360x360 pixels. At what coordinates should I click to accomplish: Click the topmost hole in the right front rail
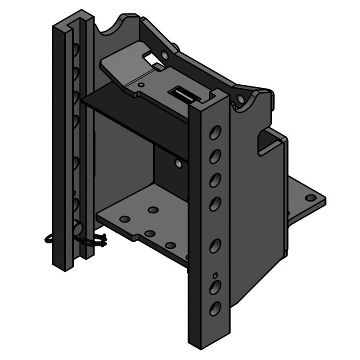[x=215, y=133]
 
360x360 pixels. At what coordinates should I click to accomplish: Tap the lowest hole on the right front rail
[x=215, y=308]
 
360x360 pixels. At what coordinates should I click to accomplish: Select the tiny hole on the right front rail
[x=215, y=275]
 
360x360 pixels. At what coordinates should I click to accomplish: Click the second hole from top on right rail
[x=215, y=157]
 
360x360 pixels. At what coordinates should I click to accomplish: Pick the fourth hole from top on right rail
[x=215, y=204]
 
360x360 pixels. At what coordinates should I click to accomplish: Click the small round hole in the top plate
[x=141, y=84]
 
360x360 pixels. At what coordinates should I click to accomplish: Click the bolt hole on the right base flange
[x=310, y=198]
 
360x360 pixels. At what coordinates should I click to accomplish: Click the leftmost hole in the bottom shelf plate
[x=125, y=219]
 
